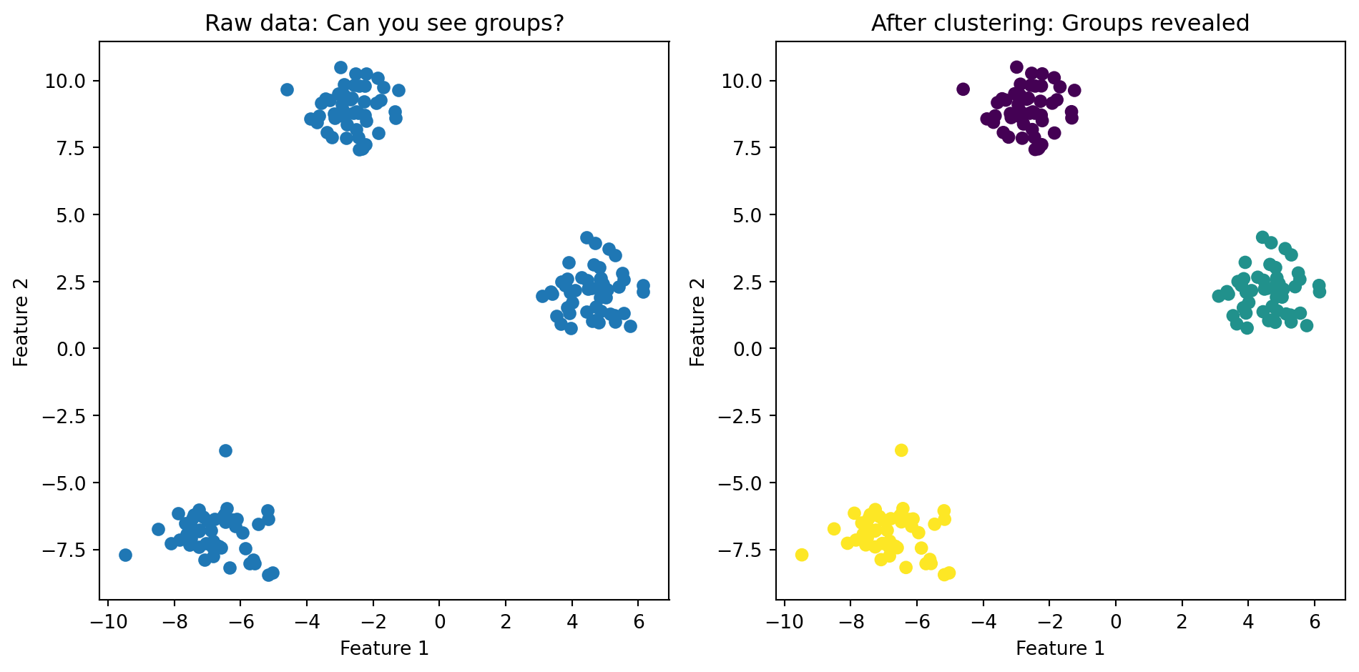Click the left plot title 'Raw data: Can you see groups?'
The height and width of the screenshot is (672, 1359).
coord(384,24)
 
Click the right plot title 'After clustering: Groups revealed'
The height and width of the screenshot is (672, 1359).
coord(1060,24)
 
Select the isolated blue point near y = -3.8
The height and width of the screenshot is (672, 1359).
coord(225,450)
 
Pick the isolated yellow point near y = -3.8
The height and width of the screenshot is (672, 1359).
coord(901,450)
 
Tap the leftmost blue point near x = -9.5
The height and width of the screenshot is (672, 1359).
coord(125,555)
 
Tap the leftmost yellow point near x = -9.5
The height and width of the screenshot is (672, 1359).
coord(802,555)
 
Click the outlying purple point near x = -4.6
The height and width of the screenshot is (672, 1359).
coord(963,89)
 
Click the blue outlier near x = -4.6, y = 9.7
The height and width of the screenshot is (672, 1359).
coord(287,89)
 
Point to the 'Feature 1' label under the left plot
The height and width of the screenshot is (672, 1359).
coord(384,648)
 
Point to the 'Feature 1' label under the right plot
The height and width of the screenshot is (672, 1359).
coord(1060,648)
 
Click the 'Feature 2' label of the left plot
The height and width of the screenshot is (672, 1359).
coord(21,321)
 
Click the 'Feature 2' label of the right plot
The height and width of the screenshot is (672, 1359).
coord(697,321)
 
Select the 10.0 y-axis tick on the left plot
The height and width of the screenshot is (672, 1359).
coord(65,81)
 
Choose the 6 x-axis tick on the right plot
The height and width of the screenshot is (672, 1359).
coord(1315,622)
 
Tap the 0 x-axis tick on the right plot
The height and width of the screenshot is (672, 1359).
coord(1116,622)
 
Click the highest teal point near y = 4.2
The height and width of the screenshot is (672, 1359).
coord(1262,237)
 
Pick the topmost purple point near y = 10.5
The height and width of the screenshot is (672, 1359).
coord(1016,67)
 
